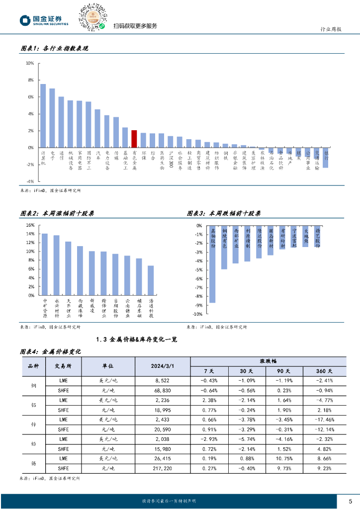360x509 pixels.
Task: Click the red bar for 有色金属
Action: (x=134, y=139)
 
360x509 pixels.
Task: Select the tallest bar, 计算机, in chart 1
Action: (x=43, y=116)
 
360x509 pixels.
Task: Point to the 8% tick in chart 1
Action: (x=30, y=80)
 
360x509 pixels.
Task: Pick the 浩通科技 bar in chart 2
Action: (x=151, y=280)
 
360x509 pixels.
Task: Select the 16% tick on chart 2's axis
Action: (x=31, y=225)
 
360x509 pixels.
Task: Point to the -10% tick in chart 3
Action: (x=197, y=314)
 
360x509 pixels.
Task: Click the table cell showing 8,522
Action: (x=163, y=380)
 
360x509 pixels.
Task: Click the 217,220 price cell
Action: (x=163, y=468)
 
